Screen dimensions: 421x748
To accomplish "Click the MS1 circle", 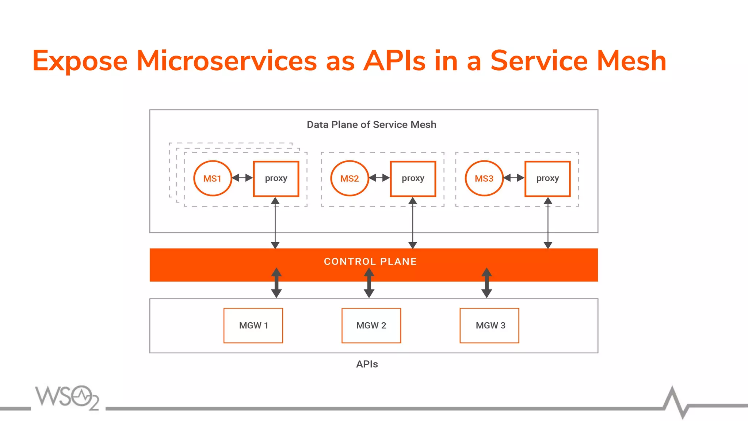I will [x=212, y=178].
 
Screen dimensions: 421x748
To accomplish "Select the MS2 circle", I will [x=350, y=178].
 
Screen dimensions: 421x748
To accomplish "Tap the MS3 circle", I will [x=484, y=178].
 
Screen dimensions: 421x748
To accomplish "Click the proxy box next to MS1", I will [x=276, y=178].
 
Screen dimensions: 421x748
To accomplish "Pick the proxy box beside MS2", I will [x=413, y=178].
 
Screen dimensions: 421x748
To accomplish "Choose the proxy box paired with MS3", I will [x=547, y=178].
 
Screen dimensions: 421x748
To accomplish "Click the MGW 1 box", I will [x=253, y=325].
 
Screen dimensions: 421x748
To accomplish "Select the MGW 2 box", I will [x=371, y=325].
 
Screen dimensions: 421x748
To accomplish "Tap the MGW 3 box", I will [x=489, y=325].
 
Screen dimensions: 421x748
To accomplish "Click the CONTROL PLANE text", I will [x=370, y=261].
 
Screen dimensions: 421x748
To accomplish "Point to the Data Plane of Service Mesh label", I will [x=371, y=125].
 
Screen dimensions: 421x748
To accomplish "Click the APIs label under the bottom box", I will [x=367, y=364].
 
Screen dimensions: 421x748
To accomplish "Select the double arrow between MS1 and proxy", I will [x=243, y=178].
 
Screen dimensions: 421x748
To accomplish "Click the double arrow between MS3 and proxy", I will [x=514, y=178].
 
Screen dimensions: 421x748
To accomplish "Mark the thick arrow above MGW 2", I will [x=369, y=282].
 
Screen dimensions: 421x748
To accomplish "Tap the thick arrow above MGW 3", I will [x=486, y=282].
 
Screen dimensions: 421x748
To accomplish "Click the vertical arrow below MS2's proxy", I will [x=413, y=223].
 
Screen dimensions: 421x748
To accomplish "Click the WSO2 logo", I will [x=67, y=397].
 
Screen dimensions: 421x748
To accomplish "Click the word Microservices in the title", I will [x=226, y=61].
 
